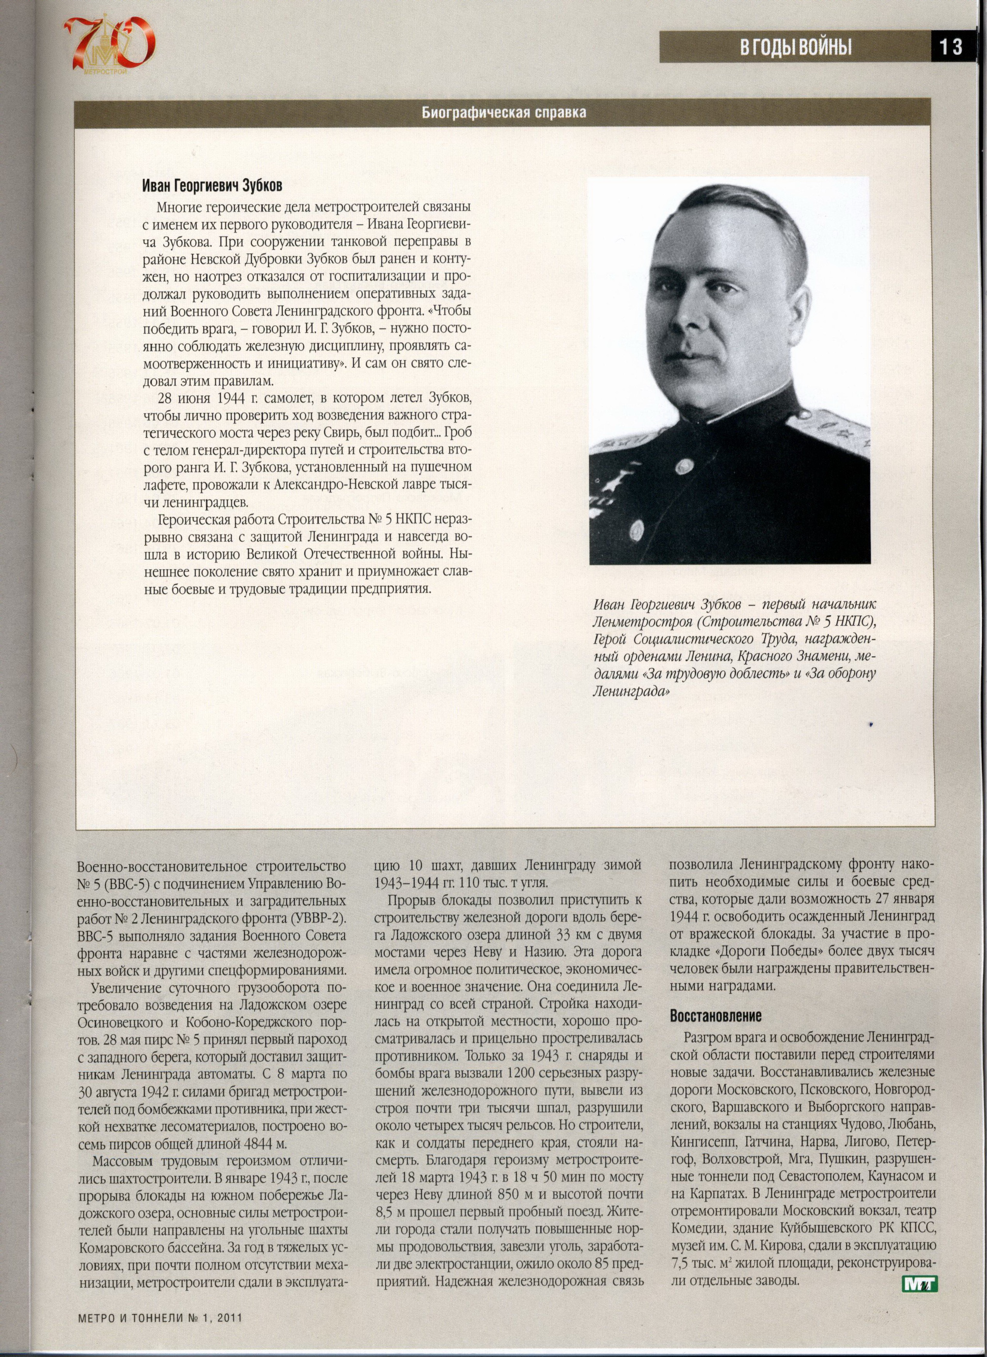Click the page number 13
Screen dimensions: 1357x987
[x=951, y=47]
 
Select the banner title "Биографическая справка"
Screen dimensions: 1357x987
[x=504, y=113]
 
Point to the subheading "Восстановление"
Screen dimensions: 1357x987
[x=716, y=1016]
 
